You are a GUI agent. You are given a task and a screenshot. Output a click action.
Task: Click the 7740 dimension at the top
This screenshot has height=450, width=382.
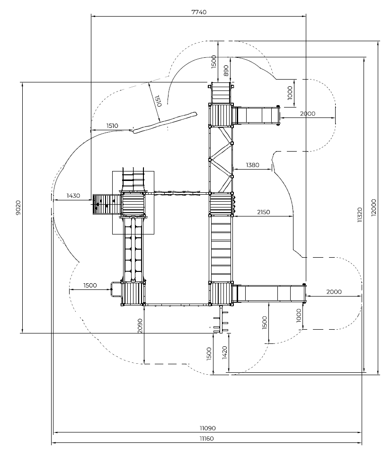(x=199, y=12)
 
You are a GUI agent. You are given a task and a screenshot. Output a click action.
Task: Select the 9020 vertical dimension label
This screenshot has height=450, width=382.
(x=18, y=208)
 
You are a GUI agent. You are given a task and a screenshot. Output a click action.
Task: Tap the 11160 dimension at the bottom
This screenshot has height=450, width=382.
(x=206, y=439)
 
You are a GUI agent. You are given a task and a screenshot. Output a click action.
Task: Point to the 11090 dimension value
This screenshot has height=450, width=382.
(x=208, y=428)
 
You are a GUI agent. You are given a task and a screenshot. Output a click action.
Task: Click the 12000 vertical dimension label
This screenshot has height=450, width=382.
(x=373, y=207)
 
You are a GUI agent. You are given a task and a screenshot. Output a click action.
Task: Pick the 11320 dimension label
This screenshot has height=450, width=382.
(x=360, y=215)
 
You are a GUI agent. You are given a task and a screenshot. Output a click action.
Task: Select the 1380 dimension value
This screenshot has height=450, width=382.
(x=252, y=165)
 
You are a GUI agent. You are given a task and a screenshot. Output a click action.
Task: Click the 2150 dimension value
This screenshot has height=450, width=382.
(x=263, y=212)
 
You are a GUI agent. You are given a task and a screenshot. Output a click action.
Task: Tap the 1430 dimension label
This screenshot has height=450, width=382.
(x=73, y=196)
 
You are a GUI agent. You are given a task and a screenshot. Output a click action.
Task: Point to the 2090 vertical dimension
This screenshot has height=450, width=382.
(x=140, y=326)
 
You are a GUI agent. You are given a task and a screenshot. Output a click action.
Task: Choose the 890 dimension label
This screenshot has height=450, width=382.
(x=226, y=71)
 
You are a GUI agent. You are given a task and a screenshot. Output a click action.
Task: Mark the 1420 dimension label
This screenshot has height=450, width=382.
(x=224, y=352)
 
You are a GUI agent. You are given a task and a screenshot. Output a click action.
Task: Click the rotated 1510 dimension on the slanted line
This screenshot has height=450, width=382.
(x=158, y=101)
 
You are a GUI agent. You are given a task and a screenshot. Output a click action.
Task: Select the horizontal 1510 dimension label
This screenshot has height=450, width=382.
(x=112, y=126)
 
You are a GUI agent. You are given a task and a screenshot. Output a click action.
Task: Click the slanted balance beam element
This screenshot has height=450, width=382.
(x=165, y=123)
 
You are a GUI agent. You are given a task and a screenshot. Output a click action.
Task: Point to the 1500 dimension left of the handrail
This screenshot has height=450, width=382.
(x=90, y=285)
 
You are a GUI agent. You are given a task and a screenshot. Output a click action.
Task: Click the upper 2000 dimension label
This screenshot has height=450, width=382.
(x=308, y=114)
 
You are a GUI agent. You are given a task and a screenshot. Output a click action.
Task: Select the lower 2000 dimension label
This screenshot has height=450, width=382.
(x=334, y=292)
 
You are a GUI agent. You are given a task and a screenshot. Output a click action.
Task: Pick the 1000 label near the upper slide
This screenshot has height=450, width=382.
(x=290, y=93)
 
